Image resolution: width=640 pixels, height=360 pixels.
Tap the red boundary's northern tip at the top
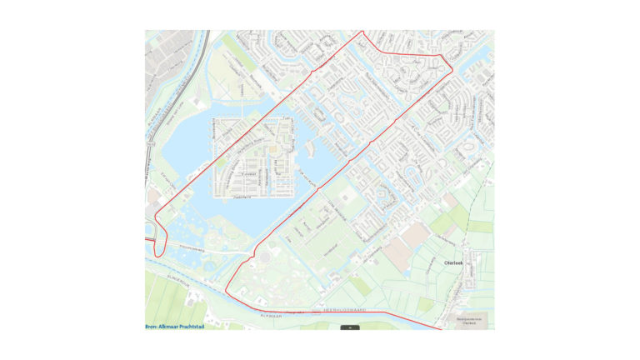coord(362,32)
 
